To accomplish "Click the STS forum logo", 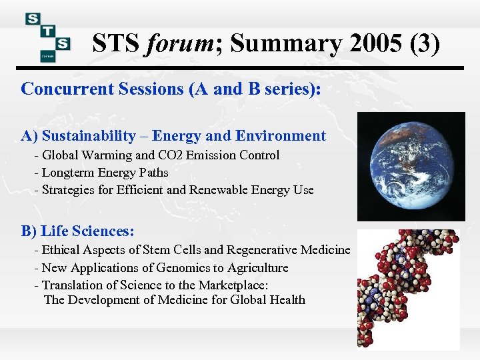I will coord(47,37).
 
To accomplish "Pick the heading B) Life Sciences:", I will coord(78,232).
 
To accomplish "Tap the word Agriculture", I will coord(254,268).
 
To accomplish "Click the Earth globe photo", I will coord(411,166).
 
